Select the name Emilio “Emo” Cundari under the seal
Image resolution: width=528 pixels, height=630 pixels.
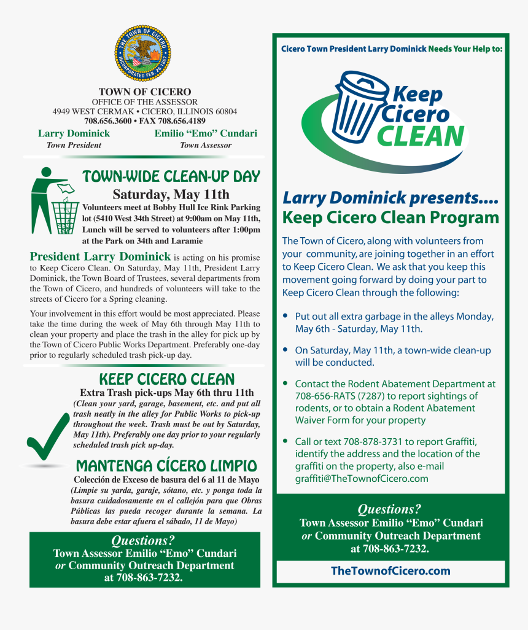[x=206, y=133]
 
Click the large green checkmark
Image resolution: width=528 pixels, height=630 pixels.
[x=49, y=437]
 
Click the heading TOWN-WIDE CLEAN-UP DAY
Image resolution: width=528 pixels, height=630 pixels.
[x=171, y=177]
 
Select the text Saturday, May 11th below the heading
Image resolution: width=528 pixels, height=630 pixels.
[x=171, y=195]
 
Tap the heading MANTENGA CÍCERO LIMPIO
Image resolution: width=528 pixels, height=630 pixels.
[x=166, y=465]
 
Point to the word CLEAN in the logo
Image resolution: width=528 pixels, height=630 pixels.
[x=420, y=136]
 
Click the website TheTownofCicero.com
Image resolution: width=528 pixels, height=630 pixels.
[x=390, y=571]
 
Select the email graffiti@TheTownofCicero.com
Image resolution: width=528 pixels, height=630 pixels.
[x=362, y=478]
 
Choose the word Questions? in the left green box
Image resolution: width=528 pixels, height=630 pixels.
[x=143, y=540]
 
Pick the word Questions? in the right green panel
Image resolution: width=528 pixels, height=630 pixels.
[x=390, y=509]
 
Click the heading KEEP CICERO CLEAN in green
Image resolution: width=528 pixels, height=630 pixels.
[x=167, y=379]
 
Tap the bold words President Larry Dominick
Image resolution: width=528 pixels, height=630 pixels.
[x=100, y=256]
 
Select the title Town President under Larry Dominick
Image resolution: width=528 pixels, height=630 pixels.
[x=74, y=145]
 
